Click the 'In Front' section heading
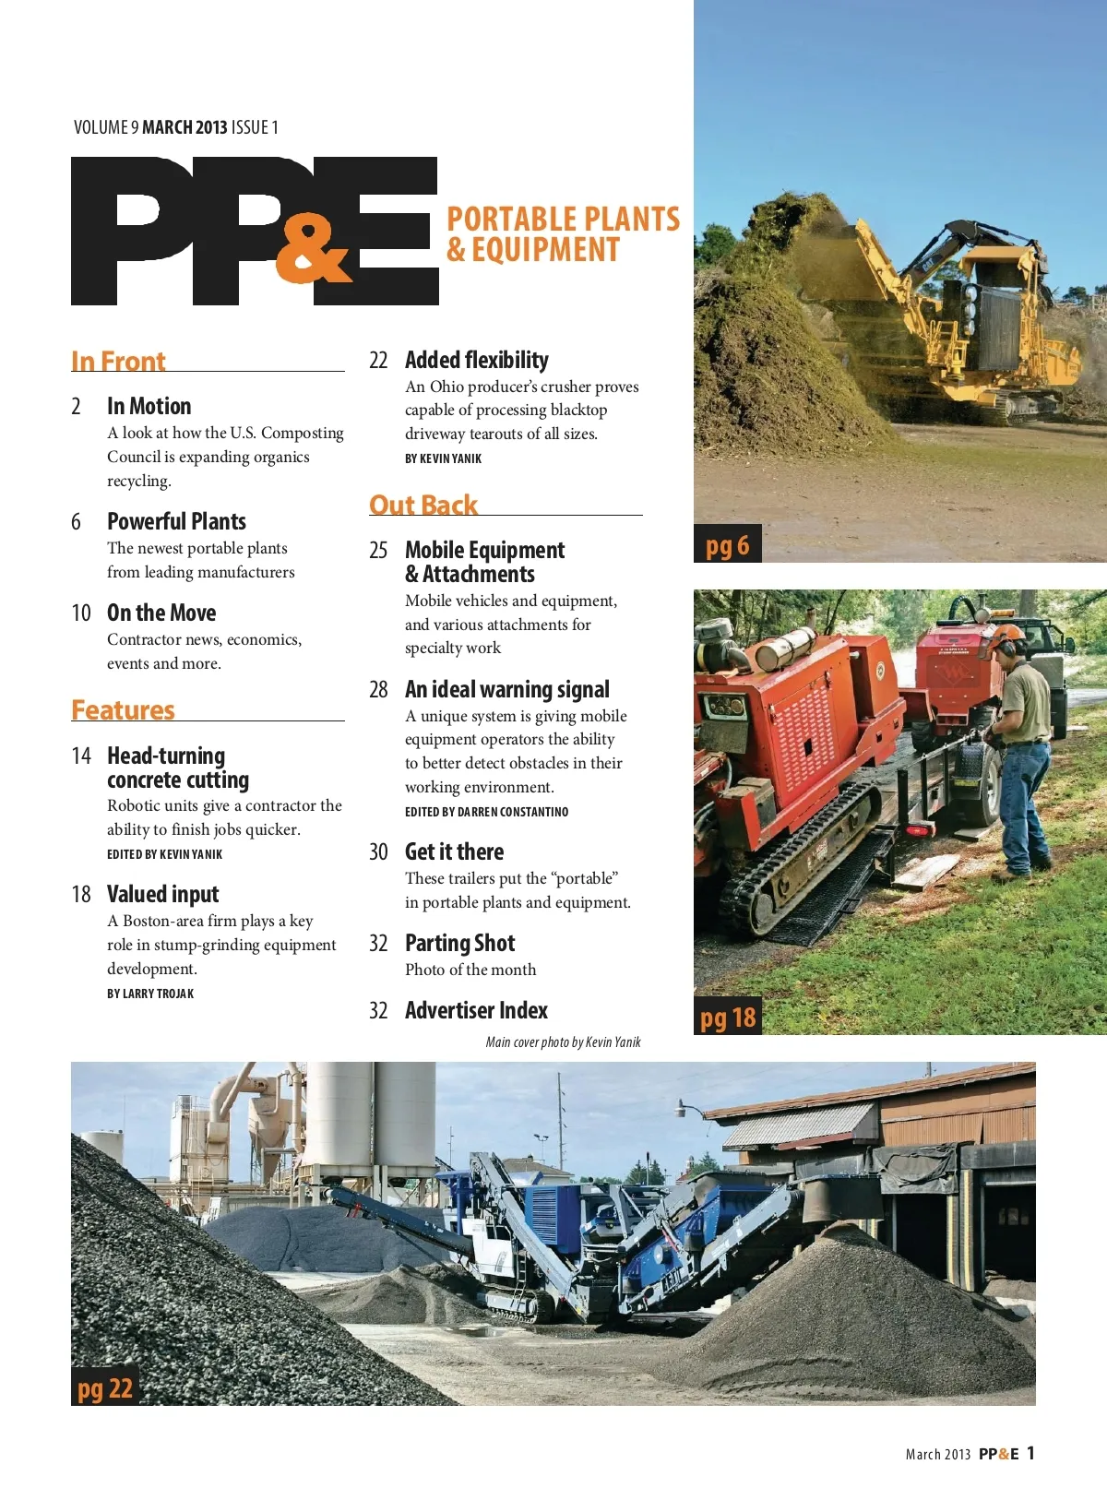click(x=118, y=361)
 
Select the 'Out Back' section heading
click(x=423, y=505)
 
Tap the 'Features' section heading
click(x=123, y=709)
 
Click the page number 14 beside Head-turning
click(x=81, y=756)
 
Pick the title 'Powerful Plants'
click(x=176, y=521)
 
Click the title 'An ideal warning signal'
click(x=506, y=689)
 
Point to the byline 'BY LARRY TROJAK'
click(x=150, y=994)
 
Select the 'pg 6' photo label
click(x=727, y=545)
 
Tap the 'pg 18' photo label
click(x=727, y=1018)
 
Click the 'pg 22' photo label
click(x=105, y=1388)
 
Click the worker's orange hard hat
click(x=1007, y=634)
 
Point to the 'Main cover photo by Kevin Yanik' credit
click(x=563, y=1042)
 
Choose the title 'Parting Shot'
click(x=459, y=943)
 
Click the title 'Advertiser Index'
click(x=476, y=1010)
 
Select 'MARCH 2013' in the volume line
click(x=184, y=127)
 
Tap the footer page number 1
click(x=1030, y=1453)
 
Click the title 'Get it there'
click(x=454, y=851)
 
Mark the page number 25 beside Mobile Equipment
click(x=378, y=551)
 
